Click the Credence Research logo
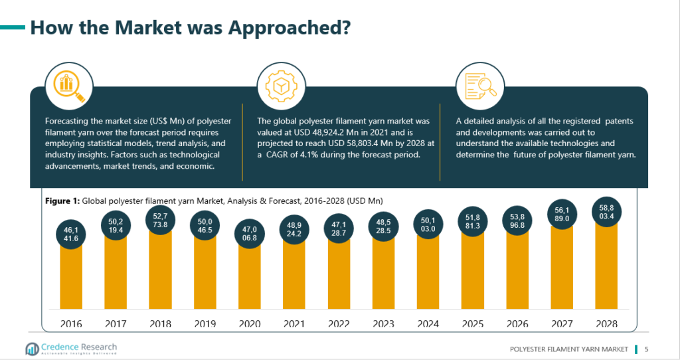tap(70, 349)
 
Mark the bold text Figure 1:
tap(62, 201)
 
